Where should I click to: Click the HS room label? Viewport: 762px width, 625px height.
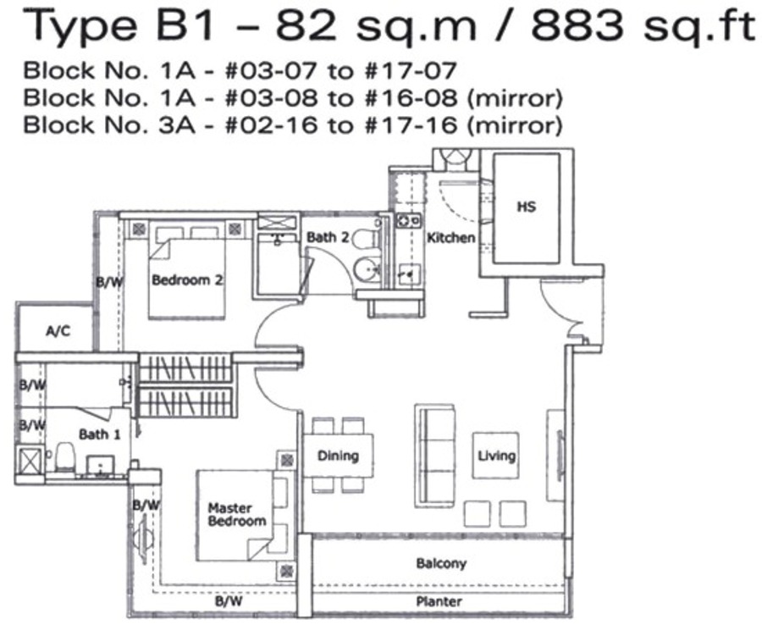click(x=527, y=207)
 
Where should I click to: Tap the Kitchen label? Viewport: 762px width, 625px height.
click(x=451, y=238)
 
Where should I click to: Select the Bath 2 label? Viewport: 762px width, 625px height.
click(x=328, y=238)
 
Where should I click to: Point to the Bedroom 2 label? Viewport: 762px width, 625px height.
click(x=187, y=280)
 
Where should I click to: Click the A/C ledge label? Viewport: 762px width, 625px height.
click(x=58, y=331)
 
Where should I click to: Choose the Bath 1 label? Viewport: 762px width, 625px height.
click(x=99, y=434)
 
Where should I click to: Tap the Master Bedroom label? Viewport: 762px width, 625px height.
click(x=237, y=515)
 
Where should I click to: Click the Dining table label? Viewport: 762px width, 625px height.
click(x=338, y=456)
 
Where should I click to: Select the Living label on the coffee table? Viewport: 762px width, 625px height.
click(x=496, y=456)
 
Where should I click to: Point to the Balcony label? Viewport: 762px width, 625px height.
click(x=441, y=564)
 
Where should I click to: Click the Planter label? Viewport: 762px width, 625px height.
click(x=439, y=601)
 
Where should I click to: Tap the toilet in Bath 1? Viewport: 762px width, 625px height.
click(x=64, y=456)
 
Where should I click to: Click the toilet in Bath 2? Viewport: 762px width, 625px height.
click(x=366, y=239)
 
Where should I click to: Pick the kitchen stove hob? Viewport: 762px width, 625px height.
click(x=409, y=221)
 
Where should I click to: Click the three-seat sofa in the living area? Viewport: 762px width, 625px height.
click(x=435, y=456)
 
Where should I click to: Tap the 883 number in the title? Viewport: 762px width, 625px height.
click(x=577, y=25)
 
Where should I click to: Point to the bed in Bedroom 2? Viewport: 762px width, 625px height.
click(x=186, y=269)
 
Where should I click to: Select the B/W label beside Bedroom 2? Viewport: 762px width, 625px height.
click(x=109, y=282)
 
